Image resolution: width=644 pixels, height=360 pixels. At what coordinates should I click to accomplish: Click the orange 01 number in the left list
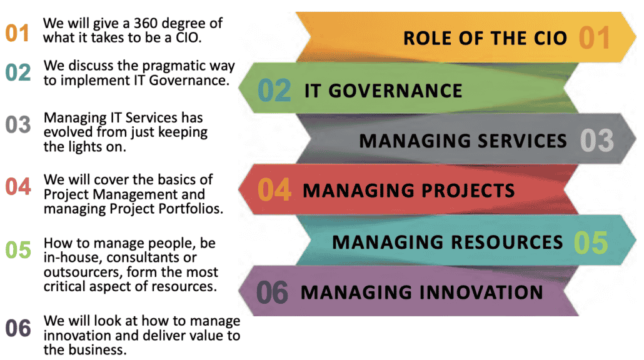tap(18, 33)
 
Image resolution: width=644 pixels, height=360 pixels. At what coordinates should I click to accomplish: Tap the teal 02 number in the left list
tap(18, 72)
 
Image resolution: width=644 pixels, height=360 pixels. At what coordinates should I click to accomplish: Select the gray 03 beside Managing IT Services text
tap(18, 124)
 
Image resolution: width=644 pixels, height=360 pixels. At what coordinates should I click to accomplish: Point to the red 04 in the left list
tap(18, 186)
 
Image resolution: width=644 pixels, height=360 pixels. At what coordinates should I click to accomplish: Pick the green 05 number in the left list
tap(18, 249)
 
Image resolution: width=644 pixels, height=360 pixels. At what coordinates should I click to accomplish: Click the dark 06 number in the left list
tap(18, 328)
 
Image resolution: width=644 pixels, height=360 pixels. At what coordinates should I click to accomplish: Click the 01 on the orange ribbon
tap(594, 37)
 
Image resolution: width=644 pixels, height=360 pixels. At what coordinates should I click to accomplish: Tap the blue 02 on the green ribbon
tap(274, 91)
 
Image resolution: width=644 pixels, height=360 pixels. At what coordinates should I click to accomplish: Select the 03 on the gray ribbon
tap(596, 141)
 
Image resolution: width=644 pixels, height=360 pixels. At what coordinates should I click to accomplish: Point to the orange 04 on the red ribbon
tap(274, 189)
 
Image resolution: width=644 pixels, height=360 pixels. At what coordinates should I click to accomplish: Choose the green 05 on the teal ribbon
tap(591, 242)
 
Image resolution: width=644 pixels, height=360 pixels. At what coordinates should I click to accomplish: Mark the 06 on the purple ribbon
tap(272, 292)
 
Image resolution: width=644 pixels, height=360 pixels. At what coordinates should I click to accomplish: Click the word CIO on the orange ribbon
tap(550, 38)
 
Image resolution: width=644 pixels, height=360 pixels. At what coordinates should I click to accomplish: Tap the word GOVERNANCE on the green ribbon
tap(395, 91)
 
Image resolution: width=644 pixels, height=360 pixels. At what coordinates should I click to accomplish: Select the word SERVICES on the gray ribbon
tap(522, 141)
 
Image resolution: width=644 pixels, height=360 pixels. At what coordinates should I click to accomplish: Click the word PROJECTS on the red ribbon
tap(468, 191)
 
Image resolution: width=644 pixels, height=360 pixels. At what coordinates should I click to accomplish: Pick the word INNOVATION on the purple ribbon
tap(481, 292)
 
